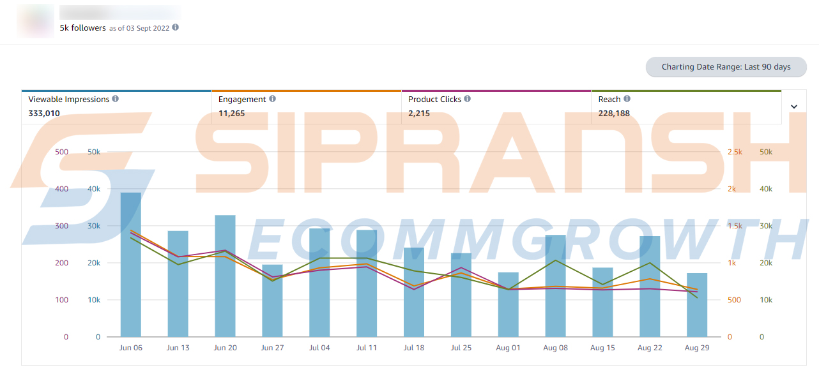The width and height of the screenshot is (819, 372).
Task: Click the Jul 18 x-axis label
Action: (x=414, y=348)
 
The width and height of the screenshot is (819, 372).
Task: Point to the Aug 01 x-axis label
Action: (x=508, y=348)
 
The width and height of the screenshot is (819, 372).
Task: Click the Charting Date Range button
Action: (x=726, y=67)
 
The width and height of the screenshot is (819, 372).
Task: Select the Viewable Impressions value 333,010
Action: (x=44, y=114)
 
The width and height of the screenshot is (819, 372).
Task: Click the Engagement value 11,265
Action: (x=231, y=114)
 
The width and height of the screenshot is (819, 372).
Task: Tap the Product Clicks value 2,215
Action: (x=419, y=114)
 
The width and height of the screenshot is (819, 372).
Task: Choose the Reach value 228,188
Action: (x=613, y=114)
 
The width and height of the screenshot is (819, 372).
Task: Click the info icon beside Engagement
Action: (x=273, y=99)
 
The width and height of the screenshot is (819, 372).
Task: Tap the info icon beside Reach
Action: (x=627, y=99)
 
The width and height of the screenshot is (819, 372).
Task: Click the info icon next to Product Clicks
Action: (x=468, y=99)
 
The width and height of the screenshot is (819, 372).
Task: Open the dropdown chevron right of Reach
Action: (x=794, y=107)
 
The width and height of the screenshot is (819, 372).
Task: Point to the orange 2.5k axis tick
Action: (x=735, y=152)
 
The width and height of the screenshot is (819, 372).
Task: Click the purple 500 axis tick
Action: (x=61, y=152)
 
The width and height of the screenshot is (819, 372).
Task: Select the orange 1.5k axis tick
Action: (x=735, y=226)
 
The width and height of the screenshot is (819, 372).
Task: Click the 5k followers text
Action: (x=82, y=28)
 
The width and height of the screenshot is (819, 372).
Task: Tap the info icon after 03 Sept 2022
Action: (x=176, y=27)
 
